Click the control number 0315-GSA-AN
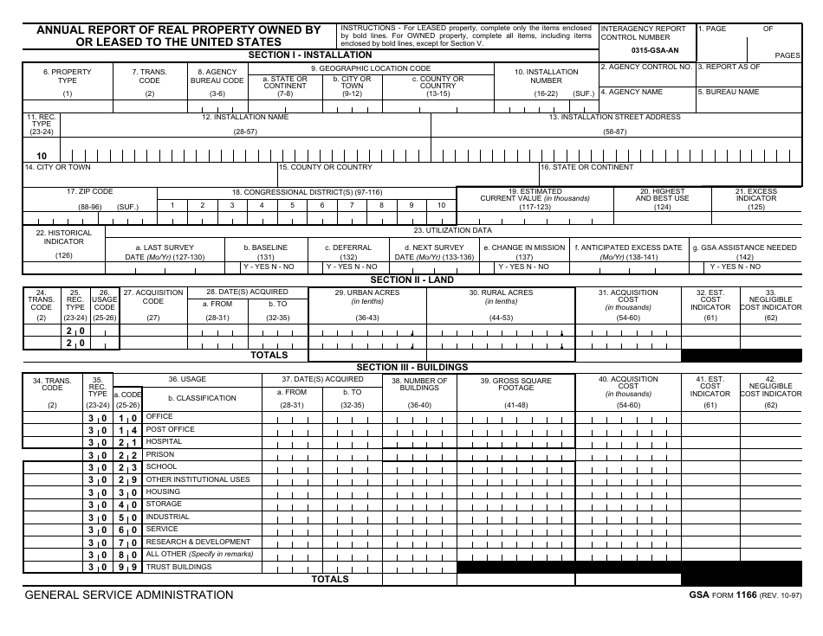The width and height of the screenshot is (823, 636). [x=655, y=50]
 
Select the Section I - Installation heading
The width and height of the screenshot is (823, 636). [x=310, y=55]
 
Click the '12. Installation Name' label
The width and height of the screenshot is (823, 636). [x=245, y=117]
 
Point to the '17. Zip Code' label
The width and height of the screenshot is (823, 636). [x=90, y=191]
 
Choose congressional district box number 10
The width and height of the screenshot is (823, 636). [x=441, y=205]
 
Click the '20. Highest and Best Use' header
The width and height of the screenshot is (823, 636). [x=662, y=195]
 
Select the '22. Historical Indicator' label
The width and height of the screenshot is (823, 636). [x=64, y=237]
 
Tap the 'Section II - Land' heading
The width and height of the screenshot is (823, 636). [x=411, y=280]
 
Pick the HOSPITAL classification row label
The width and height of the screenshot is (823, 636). [x=164, y=441]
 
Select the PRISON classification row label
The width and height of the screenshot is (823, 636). [x=160, y=454]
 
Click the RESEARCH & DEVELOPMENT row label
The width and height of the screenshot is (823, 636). [x=198, y=542]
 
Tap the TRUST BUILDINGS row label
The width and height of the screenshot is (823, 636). [x=178, y=567]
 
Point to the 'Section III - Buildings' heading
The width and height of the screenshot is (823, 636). [x=411, y=367]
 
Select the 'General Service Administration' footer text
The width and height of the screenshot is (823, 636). [x=129, y=594]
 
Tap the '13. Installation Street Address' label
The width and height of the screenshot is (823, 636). [x=615, y=117]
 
